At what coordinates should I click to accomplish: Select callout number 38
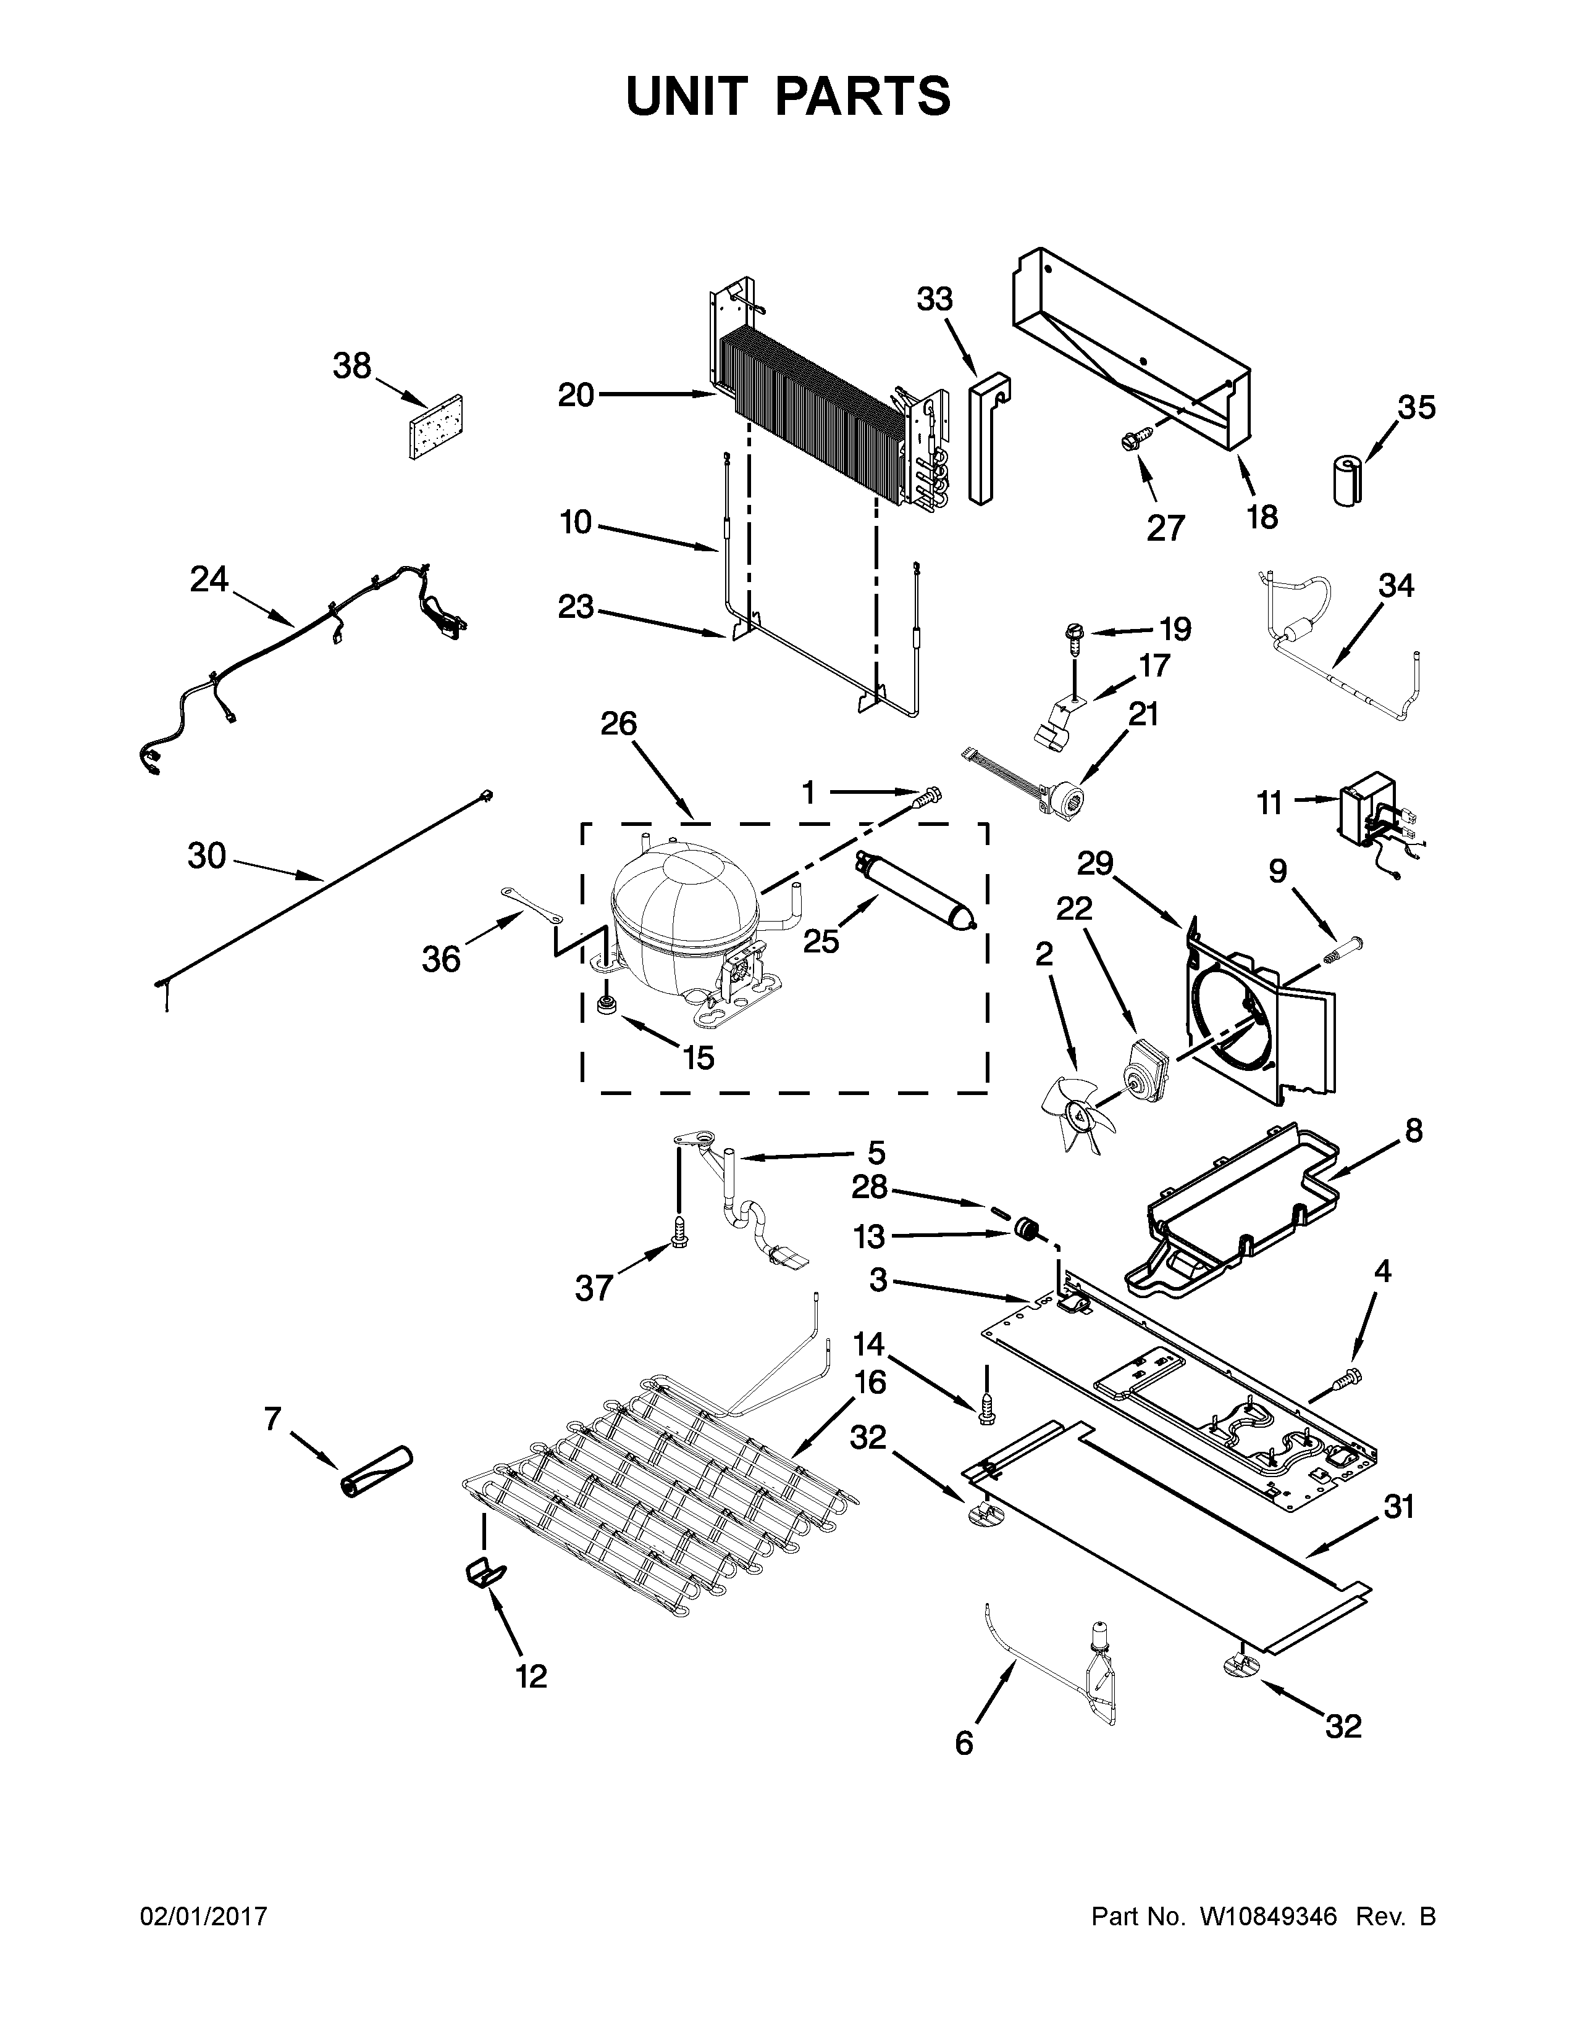(352, 367)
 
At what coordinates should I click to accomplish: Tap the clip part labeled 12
(484, 1573)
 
